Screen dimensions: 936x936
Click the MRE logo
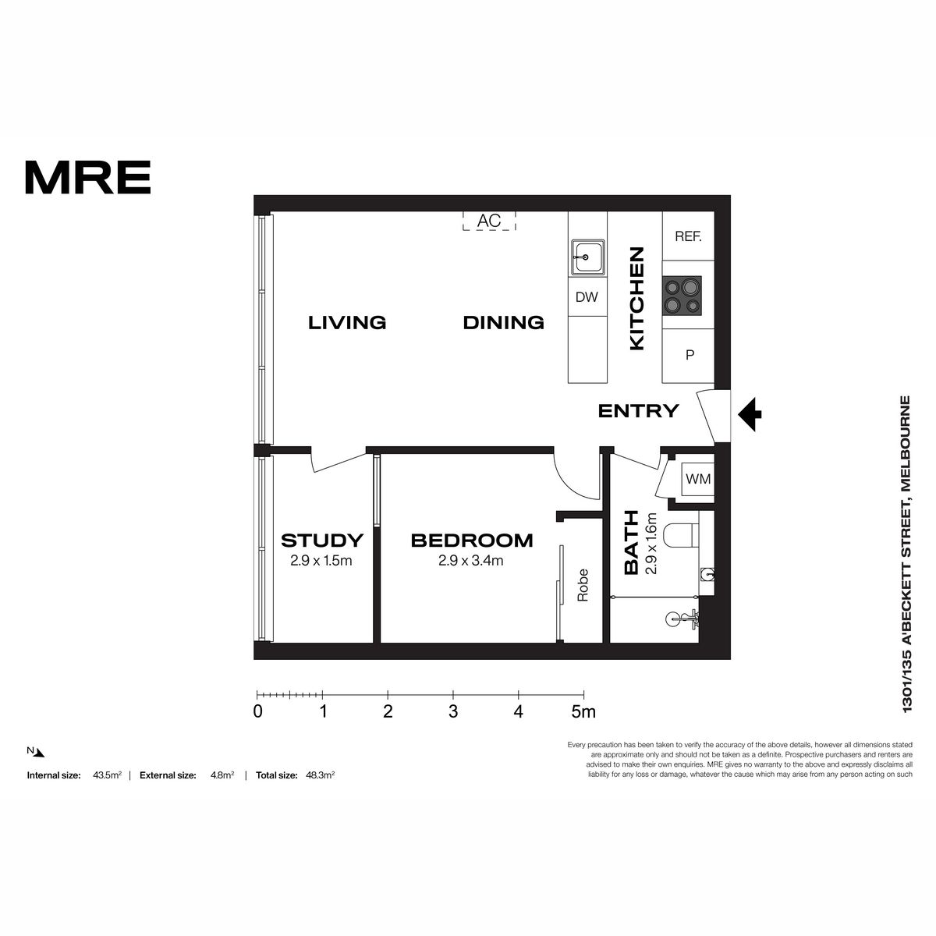88,177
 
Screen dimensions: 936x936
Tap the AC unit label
488,221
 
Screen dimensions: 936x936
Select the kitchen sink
588,257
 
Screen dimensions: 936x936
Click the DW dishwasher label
587,296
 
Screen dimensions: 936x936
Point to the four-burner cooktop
682,296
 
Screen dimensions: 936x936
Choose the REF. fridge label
688,236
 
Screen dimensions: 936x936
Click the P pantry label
690,355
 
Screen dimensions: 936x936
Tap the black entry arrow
750,414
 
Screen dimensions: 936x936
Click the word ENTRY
638,411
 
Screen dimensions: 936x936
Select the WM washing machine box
697,480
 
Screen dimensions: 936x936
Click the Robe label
583,585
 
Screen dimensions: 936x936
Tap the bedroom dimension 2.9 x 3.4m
470,561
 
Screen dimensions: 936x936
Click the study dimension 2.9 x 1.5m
321,561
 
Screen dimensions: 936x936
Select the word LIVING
347,322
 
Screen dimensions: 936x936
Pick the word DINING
503,322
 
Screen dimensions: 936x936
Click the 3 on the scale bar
453,711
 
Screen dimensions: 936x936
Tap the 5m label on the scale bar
583,711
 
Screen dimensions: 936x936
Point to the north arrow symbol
40,753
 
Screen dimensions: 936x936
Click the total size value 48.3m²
320,775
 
